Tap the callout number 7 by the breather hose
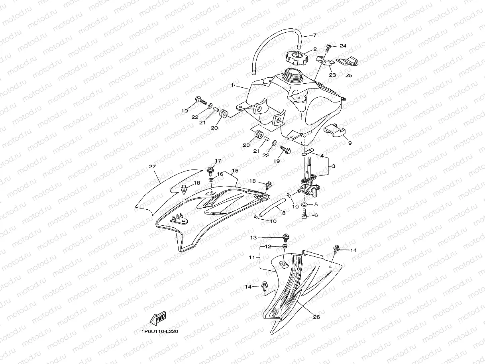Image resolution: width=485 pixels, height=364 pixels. click(x=314, y=35)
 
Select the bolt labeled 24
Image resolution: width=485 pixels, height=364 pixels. click(x=328, y=47)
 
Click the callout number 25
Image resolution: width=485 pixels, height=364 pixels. click(x=349, y=75)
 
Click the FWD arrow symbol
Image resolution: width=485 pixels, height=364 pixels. click(x=158, y=319)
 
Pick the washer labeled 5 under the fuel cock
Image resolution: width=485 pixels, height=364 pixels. click(x=304, y=205)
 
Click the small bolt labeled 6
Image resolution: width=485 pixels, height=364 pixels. click(x=304, y=216)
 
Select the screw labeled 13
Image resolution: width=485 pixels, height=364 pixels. click(x=286, y=238)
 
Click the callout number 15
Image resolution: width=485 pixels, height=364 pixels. click(x=235, y=170)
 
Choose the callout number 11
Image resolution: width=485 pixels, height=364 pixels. click(x=252, y=258)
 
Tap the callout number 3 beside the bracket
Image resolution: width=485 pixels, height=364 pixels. click(x=334, y=165)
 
